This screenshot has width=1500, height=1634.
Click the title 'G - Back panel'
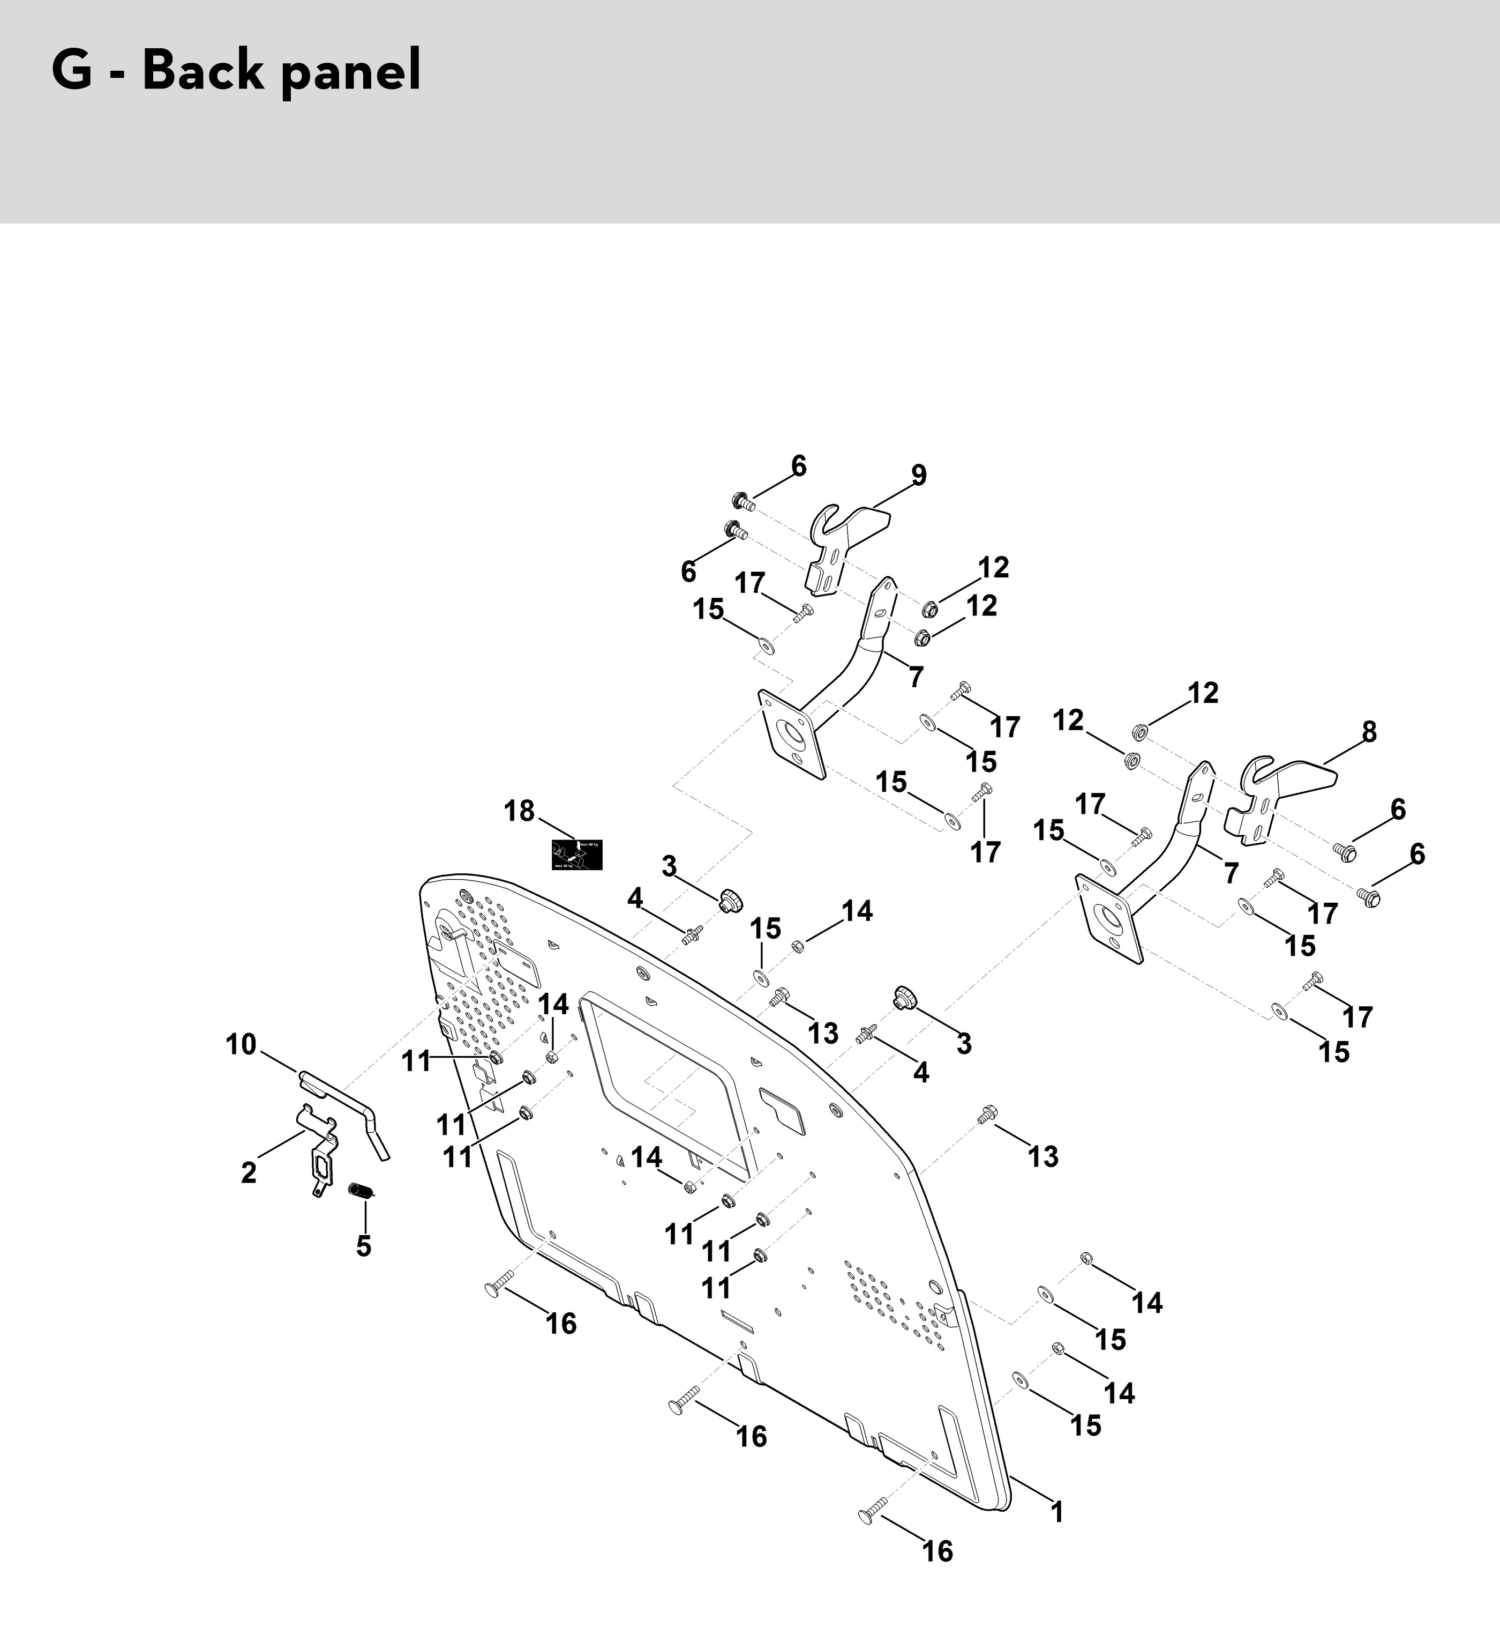(236, 71)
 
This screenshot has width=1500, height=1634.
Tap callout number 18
(520, 811)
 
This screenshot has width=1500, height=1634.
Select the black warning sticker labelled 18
(576, 855)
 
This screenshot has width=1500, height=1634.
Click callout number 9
(918, 475)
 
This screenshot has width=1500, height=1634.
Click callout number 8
(1369, 732)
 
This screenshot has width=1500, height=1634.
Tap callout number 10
(241, 1044)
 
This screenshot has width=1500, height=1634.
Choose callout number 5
(364, 1246)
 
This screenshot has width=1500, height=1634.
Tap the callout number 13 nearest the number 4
(823, 1033)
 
